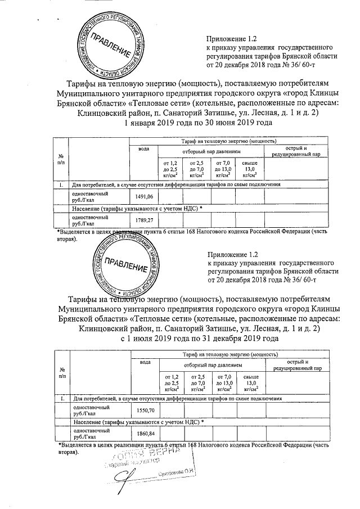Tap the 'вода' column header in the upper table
coord(144,148)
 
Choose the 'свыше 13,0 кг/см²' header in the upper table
coord(250,169)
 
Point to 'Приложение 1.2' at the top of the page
coord(232,39)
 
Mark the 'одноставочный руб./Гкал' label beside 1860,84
coord(85,433)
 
